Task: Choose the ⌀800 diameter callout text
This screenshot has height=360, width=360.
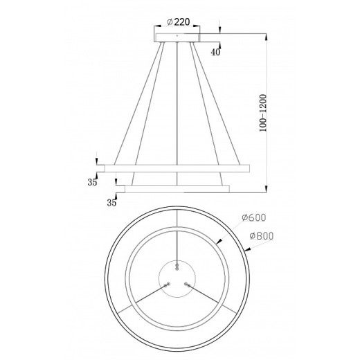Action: tap(261, 235)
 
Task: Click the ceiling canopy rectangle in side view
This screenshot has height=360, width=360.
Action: tap(177, 35)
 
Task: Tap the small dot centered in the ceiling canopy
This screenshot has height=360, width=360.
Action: tap(177, 35)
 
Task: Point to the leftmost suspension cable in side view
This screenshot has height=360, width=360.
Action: tap(127, 104)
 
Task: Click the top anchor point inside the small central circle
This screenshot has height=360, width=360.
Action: tap(179, 264)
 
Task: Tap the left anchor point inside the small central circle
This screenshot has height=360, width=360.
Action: tap(165, 283)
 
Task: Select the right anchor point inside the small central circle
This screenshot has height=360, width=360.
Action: tap(187, 283)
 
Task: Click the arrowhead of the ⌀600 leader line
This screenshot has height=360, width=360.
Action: tap(219, 242)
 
